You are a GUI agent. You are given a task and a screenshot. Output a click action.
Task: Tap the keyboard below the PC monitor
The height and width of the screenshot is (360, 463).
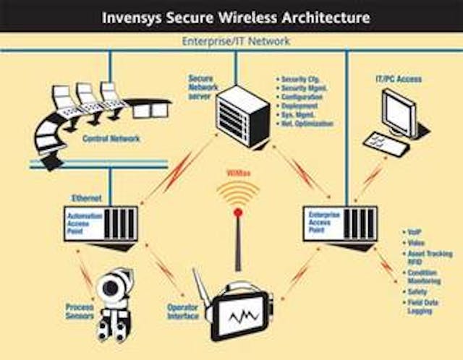[x=386, y=143]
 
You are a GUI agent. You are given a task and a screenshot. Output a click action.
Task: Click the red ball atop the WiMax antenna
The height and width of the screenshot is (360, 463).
[x=237, y=213]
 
